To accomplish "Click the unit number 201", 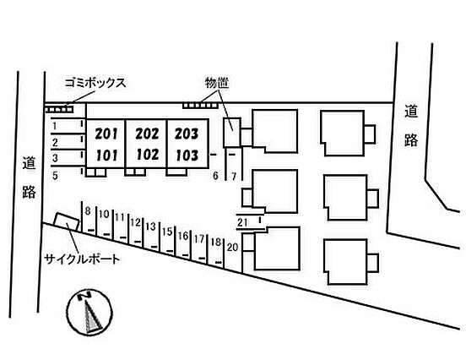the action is [x=106, y=134].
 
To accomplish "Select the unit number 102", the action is [x=147, y=155].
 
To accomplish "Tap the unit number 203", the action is [x=187, y=134].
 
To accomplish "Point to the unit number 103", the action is [x=187, y=155].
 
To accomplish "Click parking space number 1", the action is [x=54, y=126].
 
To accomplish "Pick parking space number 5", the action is [x=55, y=176].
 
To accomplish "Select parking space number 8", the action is [x=88, y=211].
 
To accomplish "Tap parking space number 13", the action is [x=150, y=226].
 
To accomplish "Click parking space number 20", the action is [x=232, y=247].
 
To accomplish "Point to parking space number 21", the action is [x=242, y=222].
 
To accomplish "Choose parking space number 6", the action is [x=215, y=176].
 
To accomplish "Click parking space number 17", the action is [x=199, y=238].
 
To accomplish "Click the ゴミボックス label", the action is [x=95, y=83].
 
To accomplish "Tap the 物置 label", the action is [x=217, y=83].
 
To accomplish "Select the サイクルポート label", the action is [x=82, y=259].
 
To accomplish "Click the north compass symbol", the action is [x=89, y=312].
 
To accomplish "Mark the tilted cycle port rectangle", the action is [x=67, y=222].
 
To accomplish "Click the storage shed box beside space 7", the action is [x=232, y=133].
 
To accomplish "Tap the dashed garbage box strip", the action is [x=59, y=110].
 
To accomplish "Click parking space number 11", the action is [x=120, y=217].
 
